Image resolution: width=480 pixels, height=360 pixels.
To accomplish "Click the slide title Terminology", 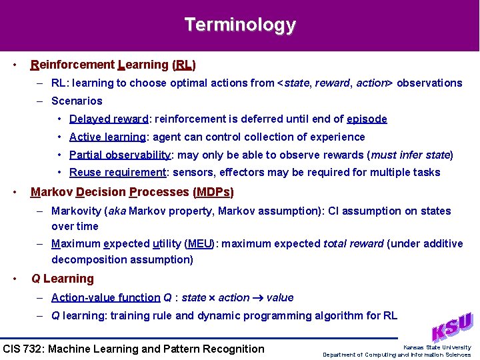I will coord(240,25).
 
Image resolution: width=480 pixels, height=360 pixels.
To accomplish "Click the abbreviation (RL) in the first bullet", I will coord(184,65).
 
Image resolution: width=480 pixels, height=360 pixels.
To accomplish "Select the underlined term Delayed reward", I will coord(109,119).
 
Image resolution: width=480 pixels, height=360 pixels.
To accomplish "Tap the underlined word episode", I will coord(367,119).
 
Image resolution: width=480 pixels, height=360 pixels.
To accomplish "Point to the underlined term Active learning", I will coord(108,137).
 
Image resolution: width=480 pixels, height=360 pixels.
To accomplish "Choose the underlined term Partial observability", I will coord(120,155).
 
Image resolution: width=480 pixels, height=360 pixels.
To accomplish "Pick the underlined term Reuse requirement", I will coord(117,173).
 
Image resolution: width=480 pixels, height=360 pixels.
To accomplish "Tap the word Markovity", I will coord(76,211).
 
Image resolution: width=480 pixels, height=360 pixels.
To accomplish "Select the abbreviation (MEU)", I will coord(201,244).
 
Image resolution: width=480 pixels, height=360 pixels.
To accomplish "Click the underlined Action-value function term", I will coord(106,298).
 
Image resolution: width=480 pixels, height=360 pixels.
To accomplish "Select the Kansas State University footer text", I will coord(437,347).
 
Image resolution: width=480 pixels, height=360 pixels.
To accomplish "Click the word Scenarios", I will coord(77,101).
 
